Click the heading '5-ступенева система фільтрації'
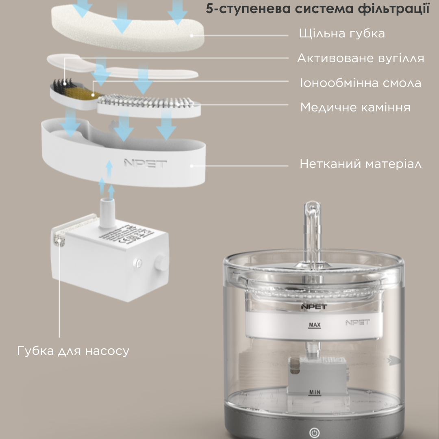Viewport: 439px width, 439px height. (317, 9)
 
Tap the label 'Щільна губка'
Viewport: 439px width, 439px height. (341, 33)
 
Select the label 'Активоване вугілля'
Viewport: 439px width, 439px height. (360, 58)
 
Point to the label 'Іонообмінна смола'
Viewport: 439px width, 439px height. (360, 83)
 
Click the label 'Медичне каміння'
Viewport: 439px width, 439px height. (355, 108)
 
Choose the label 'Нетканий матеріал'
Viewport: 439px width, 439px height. (360, 164)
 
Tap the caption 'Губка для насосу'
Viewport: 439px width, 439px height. (73, 350)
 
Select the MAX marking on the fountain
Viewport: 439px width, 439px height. (315, 325)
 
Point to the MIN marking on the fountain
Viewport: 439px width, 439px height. (315, 392)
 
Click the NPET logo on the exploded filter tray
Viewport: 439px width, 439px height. (145, 164)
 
